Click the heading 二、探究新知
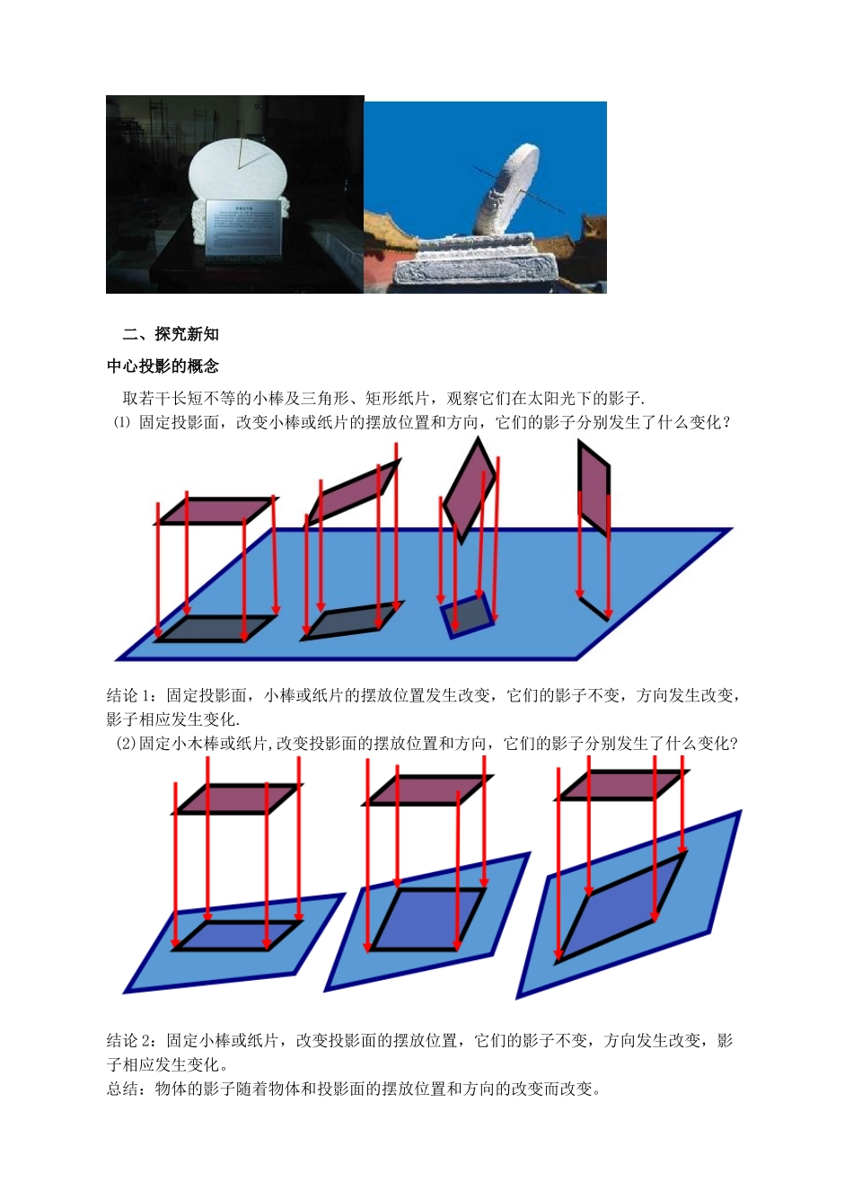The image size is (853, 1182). [171, 334]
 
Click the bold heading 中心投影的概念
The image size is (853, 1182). [163, 366]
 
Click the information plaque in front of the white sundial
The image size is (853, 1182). [243, 227]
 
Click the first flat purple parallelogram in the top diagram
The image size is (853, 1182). [216, 510]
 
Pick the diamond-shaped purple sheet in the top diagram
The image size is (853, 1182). [470, 490]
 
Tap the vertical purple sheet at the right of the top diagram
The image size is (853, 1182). [594, 488]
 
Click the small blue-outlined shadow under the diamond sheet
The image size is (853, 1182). [468, 616]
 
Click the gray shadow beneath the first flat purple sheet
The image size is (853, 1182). [216, 628]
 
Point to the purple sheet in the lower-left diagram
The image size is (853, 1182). [237, 798]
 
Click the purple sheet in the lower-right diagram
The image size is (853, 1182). [622, 785]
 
